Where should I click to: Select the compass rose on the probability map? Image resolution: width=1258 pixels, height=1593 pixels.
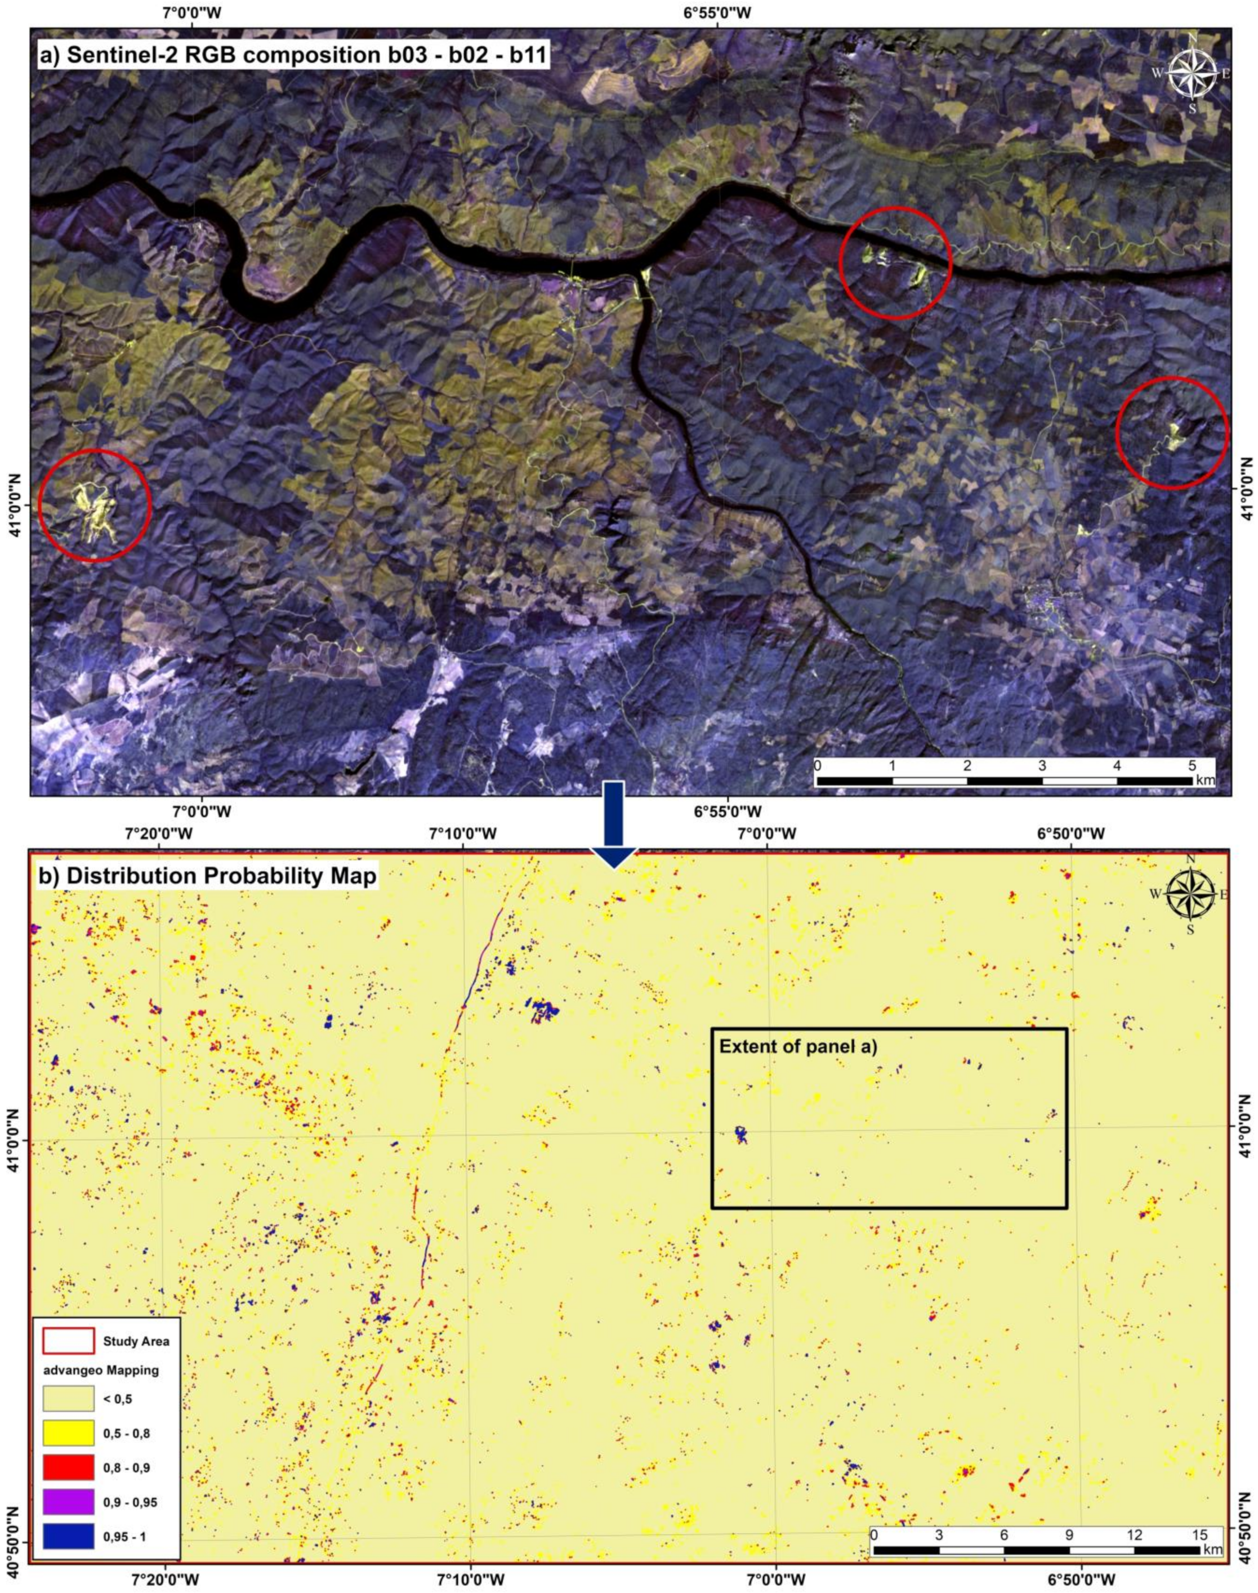pos(1190,894)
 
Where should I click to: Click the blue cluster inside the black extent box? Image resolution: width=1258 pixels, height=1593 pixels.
pos(741,1135)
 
